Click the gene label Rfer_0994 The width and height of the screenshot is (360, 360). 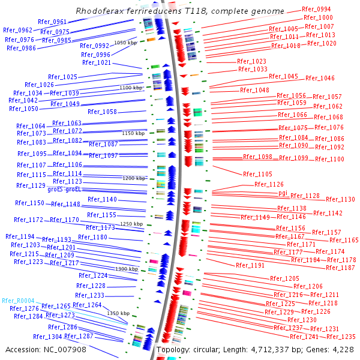(x=316, y=10)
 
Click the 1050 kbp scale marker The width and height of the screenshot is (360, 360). (x=125, y=43)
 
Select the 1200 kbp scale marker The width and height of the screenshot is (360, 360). (x=134, y=178)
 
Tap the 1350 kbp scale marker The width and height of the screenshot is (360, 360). (x=118, y=313)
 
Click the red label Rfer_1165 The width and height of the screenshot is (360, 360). (x=344, y=240)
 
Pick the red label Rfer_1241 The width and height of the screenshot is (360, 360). (x=304, y=337)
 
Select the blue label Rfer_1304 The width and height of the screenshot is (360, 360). (x=48, y=337)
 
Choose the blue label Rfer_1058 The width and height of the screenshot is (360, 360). (x=102, y=112)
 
